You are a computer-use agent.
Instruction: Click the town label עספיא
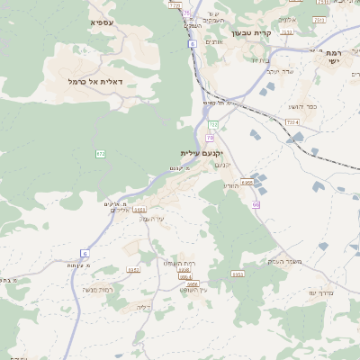102,21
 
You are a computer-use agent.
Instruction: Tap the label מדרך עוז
321,292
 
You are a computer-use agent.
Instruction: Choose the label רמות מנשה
96,289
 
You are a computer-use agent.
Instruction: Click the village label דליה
142,307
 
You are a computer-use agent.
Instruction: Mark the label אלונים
288,17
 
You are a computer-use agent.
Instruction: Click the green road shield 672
101,154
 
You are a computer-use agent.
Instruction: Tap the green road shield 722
213,124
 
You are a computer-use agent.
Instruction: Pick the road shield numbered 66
256,204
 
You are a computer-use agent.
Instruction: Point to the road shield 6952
238,274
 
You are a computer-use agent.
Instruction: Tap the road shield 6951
133,269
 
